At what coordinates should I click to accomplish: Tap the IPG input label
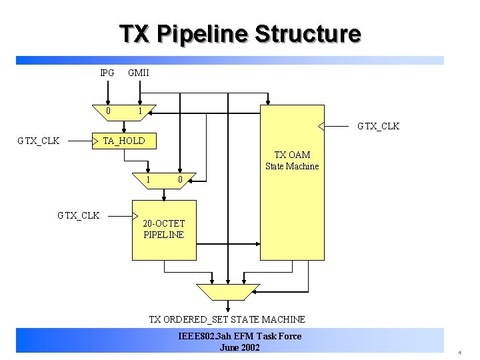click(107, 72)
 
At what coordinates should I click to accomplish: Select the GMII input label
click(139, 72)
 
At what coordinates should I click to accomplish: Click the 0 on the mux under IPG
click(109, 111)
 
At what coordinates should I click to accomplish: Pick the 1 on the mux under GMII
click(139, 111)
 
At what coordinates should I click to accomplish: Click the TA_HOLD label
click(124, 141)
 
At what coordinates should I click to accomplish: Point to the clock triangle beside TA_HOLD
click(95, 141)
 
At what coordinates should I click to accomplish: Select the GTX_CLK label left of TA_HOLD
click(39, 141)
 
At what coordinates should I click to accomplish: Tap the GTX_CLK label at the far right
click(378, 126)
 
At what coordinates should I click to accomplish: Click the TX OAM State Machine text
click(292, 161)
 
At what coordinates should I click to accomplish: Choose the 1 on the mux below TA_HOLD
click(148, 179)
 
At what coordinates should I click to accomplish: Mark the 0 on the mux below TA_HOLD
click(179, 179)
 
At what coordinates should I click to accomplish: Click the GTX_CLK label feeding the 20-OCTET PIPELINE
click(78, 215)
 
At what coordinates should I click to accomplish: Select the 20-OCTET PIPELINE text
click(163, 229)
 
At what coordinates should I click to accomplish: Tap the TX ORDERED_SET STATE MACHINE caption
click(227, 319)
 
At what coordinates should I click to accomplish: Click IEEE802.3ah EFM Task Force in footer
click(240, 336)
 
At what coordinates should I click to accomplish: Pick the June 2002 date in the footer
click(239, 347)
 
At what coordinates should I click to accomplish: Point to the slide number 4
click(459, 351)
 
